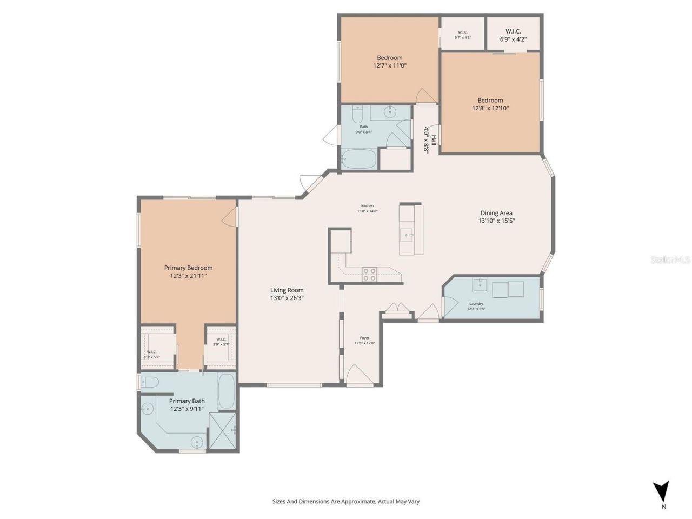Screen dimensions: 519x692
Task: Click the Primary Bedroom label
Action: point(188,268)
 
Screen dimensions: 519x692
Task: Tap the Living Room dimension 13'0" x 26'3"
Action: point(287,298)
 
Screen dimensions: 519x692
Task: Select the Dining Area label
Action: point(496,213)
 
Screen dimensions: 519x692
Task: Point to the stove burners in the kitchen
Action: point(369,275)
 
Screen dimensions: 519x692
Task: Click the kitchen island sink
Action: point(406,235)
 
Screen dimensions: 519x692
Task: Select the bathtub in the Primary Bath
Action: point(226,391)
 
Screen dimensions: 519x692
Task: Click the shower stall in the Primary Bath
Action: point(222,430)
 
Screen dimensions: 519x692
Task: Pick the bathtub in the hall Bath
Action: point(359,159)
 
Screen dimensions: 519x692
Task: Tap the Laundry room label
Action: point(476,304)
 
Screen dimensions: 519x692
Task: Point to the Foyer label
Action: point(364,338)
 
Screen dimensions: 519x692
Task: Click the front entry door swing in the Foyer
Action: point(359,376)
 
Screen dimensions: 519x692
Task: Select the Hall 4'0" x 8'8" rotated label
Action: point(430,140)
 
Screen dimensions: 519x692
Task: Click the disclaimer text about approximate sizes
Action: point(346,501)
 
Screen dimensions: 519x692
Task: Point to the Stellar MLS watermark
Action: point(670,260)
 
